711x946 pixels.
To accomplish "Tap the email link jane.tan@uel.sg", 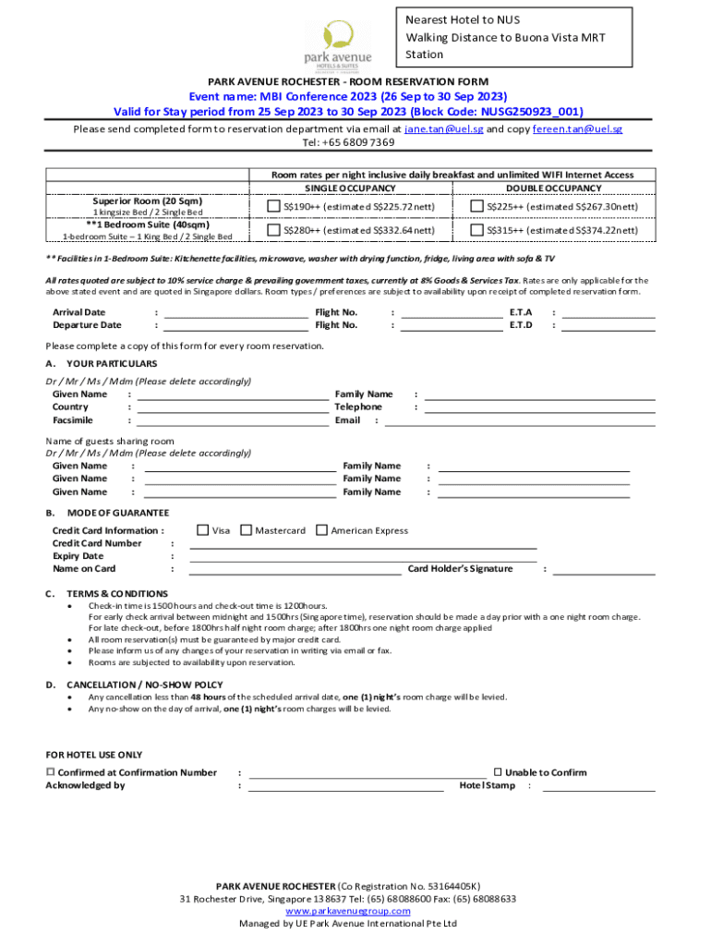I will click(x=444, y=129).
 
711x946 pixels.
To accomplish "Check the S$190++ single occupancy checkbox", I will click(x=273, y=206).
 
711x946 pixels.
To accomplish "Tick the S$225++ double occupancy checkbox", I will click(x=477, y=206).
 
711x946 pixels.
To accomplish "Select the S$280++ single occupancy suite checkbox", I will click(x=273, y=230).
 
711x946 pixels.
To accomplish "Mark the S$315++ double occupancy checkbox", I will click(x=477, y=230).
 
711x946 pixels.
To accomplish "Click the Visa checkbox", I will click(x=202, y=530).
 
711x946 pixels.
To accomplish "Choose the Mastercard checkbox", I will click(x=246, y=530).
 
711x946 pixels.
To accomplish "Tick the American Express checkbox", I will click(x=321, y=530).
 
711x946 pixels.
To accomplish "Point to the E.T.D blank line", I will click(x=609, y=328).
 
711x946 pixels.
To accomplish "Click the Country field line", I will click(x=233, y=410).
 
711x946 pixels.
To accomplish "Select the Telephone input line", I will click(x=539, y=410).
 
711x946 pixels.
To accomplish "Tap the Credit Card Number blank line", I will click(x=363, y=547).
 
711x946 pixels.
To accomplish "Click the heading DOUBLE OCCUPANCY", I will click(x=553, y=188).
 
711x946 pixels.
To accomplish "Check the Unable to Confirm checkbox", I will click(x=497, y=771).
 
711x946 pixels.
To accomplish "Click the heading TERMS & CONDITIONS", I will click(x=117, y=593).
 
